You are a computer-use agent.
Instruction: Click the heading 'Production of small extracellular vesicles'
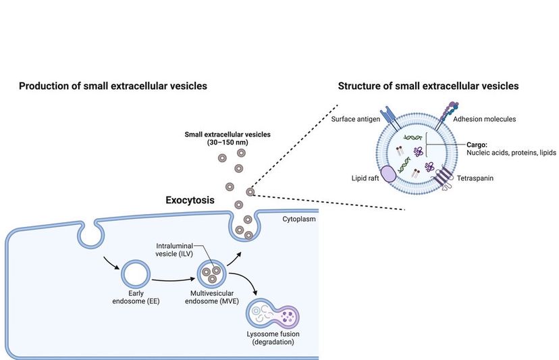point(113,86)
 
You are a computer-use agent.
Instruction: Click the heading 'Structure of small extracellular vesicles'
point(428,86)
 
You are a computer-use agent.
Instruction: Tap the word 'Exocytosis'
point(190,201)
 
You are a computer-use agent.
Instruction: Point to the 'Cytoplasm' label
point(298,220)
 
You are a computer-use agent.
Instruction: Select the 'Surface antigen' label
point(354,119)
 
